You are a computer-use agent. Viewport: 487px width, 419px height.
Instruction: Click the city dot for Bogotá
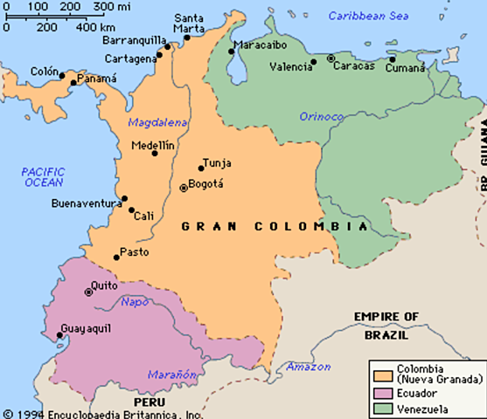[183, 187]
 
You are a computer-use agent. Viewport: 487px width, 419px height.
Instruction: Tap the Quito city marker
[89, 292]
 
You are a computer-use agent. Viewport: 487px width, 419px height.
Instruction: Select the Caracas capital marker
[330, 58]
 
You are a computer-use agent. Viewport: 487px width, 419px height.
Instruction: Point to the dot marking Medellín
[155, 153]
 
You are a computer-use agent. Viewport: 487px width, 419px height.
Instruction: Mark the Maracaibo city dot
[232, 52]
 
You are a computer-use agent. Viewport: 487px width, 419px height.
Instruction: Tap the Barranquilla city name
[132, 40]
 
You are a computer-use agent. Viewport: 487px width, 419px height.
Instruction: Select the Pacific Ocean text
[43, 177]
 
